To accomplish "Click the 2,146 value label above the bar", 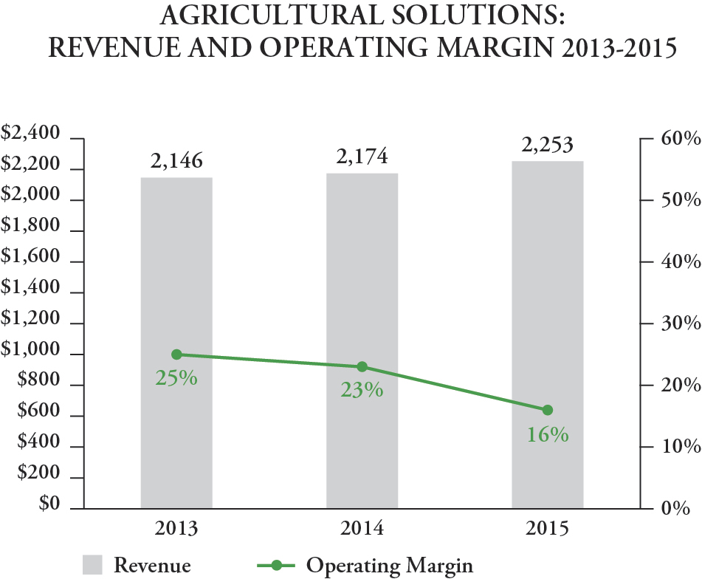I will (x=176, y=161).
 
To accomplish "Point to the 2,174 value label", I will (x=362, y=157).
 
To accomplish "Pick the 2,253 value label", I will (x=547, y=145).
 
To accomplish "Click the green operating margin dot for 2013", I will (x=176, y=354).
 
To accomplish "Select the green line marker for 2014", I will (x=362, y=367).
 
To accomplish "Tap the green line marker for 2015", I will (x=547, y=410).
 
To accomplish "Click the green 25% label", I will (x=176, y=378).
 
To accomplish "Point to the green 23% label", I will (x=362, y=391).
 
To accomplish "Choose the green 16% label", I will (x=547, y=434).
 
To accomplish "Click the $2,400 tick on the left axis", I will (x=30, y=134).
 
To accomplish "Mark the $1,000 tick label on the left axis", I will (x=30, y=350).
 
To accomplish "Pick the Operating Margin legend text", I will (x=389, y=566).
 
